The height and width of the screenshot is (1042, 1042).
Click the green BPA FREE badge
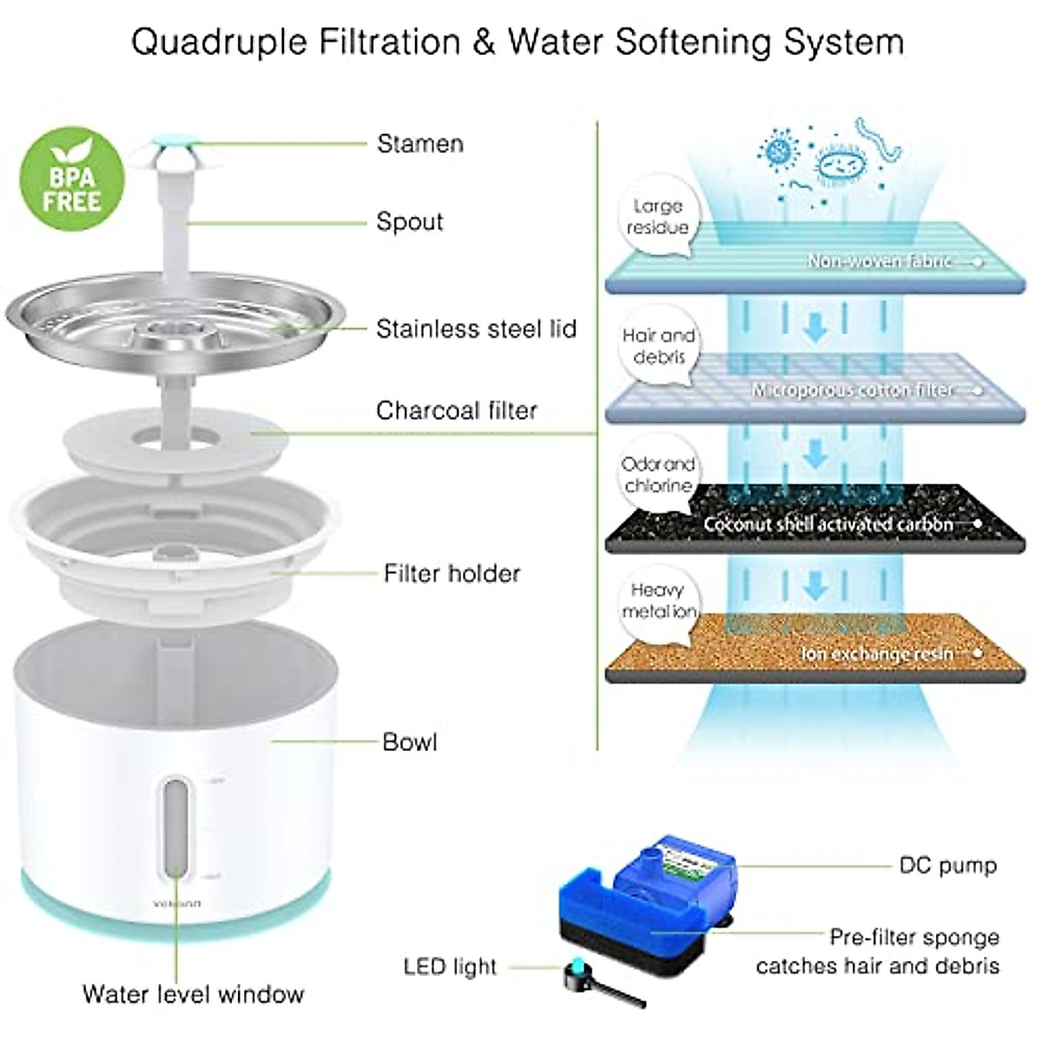(72, 181)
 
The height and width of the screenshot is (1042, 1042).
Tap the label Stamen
(419, 143)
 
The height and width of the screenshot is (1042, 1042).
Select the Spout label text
(409, 221)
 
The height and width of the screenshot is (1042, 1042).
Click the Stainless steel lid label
(476, 329)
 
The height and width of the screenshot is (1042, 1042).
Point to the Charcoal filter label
(456, 410)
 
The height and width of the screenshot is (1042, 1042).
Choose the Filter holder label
(452, 573)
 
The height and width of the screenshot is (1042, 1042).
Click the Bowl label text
(409, 742)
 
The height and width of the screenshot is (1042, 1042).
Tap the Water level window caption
(193, 994)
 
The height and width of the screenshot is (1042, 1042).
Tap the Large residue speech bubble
(657, 217)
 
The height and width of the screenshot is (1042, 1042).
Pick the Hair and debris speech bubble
(657, 346)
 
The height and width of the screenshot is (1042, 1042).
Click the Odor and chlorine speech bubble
(657, 475)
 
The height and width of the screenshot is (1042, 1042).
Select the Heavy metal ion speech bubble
(658, 601)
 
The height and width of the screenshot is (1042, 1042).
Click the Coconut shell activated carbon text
(828, 524)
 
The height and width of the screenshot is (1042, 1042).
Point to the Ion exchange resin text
(876, 653)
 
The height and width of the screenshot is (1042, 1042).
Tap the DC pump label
(947, 865)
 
